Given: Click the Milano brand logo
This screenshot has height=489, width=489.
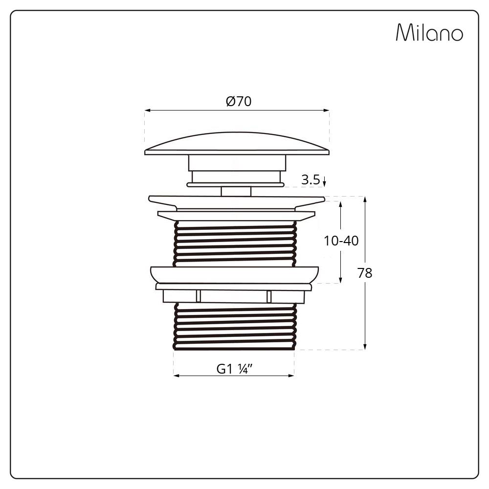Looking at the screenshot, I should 429,33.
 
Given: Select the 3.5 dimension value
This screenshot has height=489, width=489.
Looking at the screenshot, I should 311,179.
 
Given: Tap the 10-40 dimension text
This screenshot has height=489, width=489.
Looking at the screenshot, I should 341,241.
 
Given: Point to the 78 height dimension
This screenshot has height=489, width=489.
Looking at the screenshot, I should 365,273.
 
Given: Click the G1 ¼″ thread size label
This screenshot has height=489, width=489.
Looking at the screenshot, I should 234,369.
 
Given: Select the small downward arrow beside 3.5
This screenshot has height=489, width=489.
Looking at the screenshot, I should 324,182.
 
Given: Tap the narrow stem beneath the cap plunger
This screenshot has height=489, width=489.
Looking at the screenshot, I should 236,191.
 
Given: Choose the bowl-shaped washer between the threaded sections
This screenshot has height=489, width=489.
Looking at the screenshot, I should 235,274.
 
